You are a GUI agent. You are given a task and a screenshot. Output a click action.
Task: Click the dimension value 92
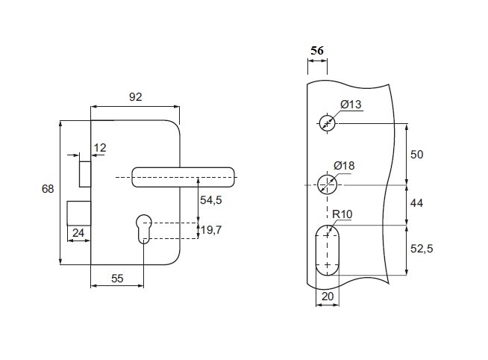tap(135, 96)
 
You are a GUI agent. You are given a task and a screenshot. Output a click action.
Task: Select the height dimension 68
tap(48, 190)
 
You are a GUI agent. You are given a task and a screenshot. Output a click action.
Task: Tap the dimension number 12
tap(100, 148)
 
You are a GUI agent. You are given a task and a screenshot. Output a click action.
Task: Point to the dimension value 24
tap(78, 234)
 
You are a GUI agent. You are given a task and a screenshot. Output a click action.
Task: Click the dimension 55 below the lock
tap(117, 278)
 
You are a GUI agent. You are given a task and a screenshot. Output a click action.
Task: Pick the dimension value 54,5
tap(212, 200)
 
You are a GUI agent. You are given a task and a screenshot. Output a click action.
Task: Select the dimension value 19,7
tap(212, 230)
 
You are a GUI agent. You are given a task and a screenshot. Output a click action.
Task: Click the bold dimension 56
tap(317, 50)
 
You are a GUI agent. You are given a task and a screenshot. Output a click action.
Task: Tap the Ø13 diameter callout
tap(351, 105)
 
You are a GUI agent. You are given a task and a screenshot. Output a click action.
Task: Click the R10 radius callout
tap(342, 215)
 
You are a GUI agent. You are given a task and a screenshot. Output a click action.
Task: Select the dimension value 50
tap(417, 155)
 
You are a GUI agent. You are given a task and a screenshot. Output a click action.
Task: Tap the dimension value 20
tap(327, 296)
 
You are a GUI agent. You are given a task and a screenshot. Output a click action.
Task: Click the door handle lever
tap(183, 177)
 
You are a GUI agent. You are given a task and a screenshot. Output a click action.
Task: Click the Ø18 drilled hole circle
tap(327, 184)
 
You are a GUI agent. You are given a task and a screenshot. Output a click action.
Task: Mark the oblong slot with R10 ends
tap(327, 249)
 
